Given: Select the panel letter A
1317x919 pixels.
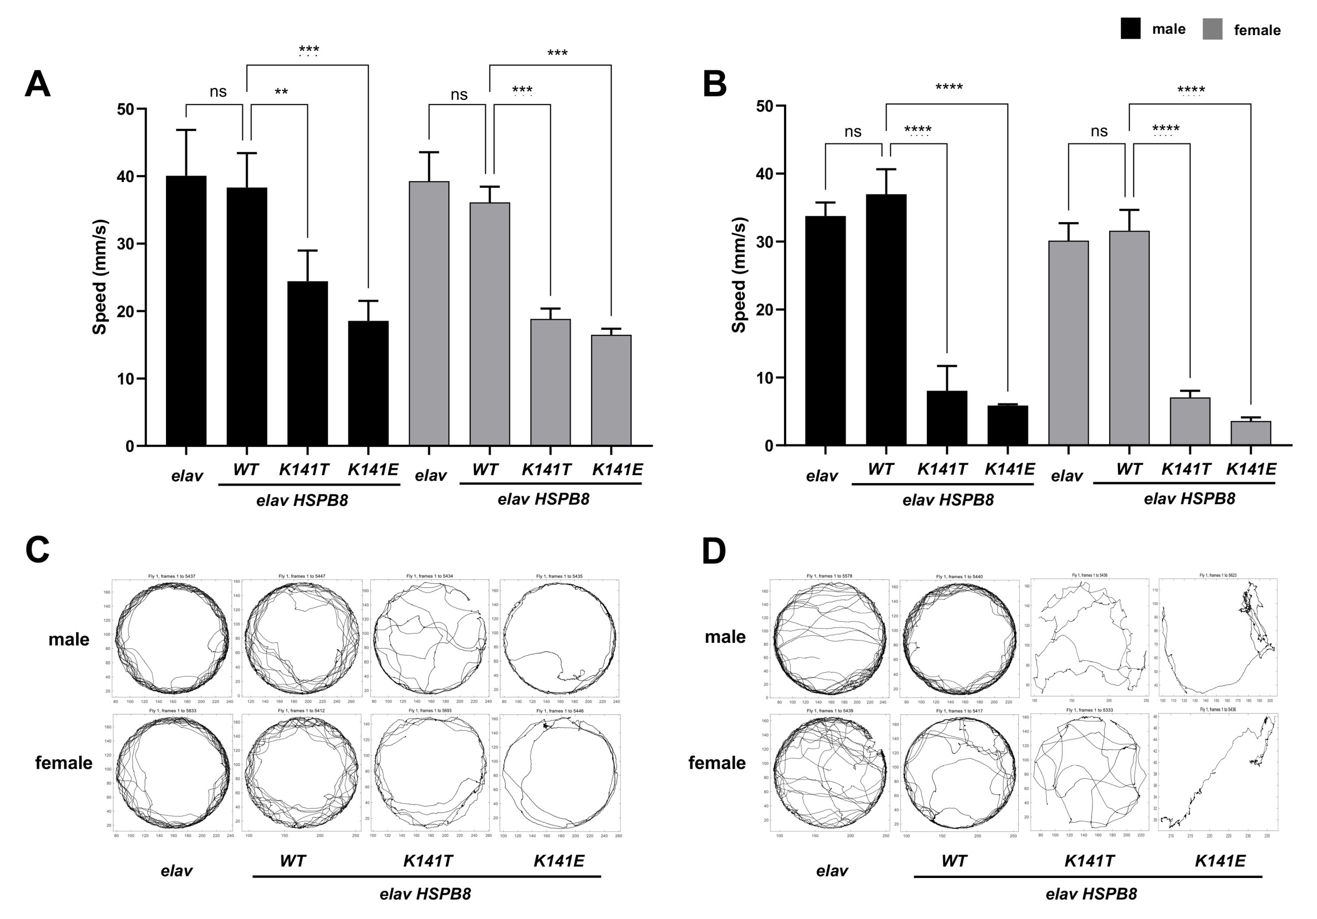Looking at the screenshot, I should tap(38, 85).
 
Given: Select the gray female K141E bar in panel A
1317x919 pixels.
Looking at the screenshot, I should tap(611, 390).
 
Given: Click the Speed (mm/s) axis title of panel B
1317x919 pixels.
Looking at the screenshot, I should tap(739, 276).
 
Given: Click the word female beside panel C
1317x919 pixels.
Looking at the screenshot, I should tap(64, 763).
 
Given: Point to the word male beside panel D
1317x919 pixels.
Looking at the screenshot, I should tap(725, 637).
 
